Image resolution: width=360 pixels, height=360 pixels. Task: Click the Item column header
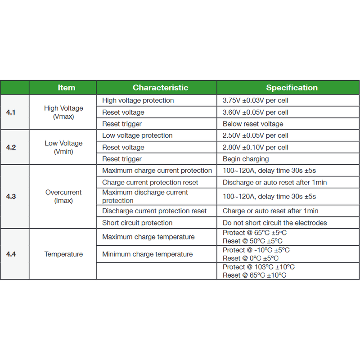(66, 88)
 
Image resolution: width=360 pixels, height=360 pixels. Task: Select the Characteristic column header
(160, 88)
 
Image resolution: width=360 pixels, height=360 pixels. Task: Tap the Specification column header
(292, 88)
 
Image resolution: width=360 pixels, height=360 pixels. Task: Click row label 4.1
(11, 112)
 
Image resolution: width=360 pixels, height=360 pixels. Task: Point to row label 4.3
(11, 197)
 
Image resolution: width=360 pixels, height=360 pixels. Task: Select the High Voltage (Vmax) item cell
(63, 112)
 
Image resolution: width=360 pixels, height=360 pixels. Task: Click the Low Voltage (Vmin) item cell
(63, 147)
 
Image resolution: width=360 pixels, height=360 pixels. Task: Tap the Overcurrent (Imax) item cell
(63, 197)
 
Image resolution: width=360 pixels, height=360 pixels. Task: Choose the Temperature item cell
(63, 254)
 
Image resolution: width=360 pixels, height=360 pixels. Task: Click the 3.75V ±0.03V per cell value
(255, 100)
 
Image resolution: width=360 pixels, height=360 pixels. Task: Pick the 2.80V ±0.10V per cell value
(255, 147)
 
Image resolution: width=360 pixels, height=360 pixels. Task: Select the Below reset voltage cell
(253, 124)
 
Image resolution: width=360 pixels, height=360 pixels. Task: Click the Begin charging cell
(246, 159)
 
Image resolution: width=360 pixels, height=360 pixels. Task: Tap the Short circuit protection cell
(137, 223)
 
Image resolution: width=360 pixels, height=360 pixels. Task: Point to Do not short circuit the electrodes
(274, 223)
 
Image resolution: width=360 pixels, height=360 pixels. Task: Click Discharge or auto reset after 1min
(274, 182)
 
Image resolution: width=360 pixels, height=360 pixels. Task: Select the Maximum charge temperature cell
(148, 237)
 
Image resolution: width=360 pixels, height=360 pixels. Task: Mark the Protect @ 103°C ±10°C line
(259, 267)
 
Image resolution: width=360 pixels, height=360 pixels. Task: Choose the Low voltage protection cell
(137, 135)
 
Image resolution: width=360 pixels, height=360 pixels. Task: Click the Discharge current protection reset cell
(154, 211)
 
